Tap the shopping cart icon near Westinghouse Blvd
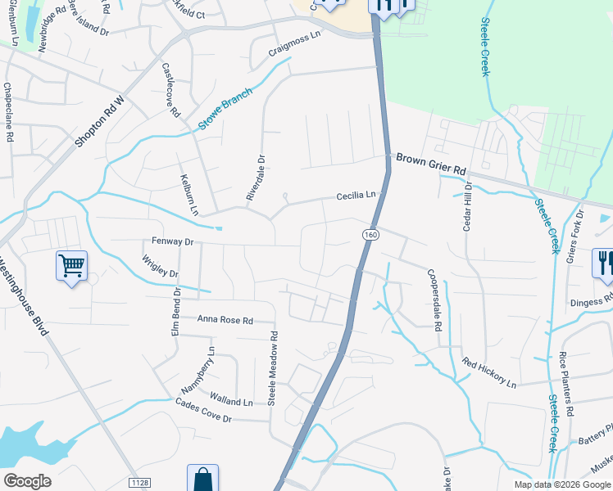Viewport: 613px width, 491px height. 71,265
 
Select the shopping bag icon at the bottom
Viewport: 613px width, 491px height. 202,479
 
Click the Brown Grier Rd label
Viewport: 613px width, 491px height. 431,164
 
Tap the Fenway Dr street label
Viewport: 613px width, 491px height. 172,242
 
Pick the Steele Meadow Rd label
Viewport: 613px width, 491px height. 275,367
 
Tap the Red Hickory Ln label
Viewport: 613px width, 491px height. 489,372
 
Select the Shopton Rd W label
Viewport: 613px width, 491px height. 98,122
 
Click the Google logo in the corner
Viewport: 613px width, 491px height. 28,481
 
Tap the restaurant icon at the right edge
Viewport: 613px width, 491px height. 603,264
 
